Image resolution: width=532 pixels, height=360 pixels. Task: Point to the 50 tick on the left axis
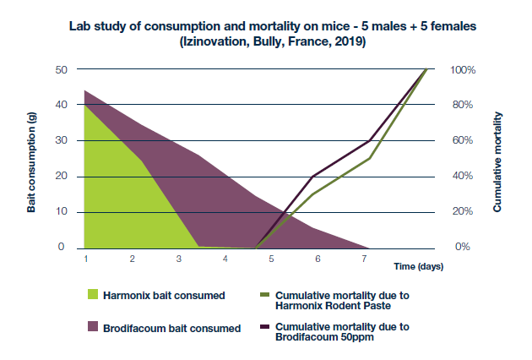(x=60, y=69)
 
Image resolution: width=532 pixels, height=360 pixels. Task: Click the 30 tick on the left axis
(x=60, y=140)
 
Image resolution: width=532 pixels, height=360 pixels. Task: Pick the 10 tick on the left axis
(x=60, y=211)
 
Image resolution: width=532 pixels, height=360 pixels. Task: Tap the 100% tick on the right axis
(x=463, y=69)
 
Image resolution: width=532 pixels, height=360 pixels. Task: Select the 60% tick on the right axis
(x=463, y=140)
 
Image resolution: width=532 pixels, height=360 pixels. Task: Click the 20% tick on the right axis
(x=463, y=211)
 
